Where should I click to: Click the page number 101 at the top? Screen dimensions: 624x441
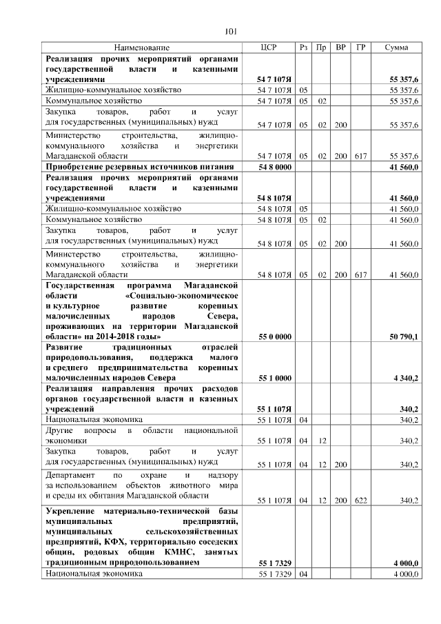point(231,30)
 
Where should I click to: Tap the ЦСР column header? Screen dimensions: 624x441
point(269,48)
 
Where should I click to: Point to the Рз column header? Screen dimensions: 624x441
point(304,48)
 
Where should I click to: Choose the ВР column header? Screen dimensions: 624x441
point(340,48)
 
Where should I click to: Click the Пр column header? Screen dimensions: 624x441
point(322,48)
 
